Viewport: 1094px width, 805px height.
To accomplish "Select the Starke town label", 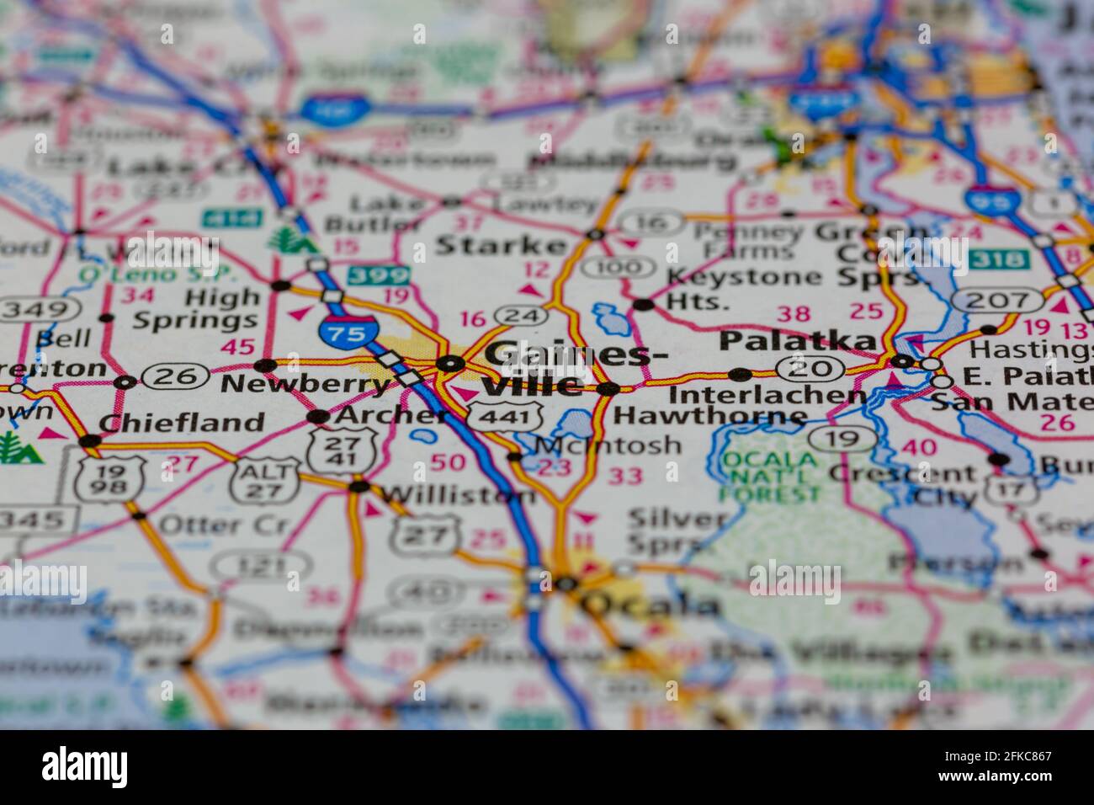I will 501,246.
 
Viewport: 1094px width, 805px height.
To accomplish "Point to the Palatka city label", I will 796,340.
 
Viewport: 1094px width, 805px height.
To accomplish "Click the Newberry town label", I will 305,385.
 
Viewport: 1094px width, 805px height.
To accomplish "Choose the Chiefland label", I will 181,422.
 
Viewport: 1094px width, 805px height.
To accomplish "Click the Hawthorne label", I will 709,415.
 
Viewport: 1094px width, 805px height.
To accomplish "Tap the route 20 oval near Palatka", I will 810,367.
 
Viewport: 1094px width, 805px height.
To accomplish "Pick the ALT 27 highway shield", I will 266,479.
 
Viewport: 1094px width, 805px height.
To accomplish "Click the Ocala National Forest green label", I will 769,476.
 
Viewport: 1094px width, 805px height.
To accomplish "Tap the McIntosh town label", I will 608,444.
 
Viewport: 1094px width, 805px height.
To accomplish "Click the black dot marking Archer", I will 317,416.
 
